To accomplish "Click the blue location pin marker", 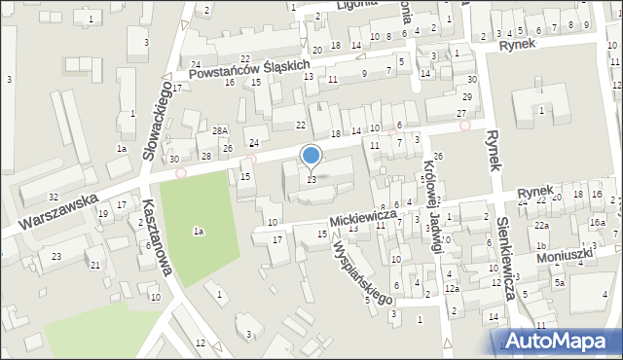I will [x=311, y=157].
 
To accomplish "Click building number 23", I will [x=56, y=257].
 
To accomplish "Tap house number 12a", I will [x=452, y=289].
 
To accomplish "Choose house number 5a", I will [x=560, y=283].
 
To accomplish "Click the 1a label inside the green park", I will [x=198, y=232].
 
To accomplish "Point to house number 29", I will [x=467, y=96].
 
